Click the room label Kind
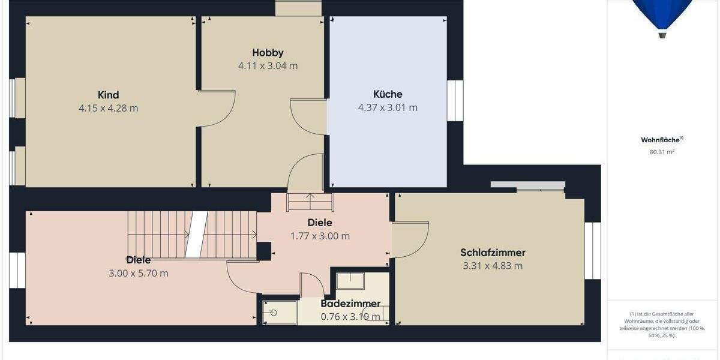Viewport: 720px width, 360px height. click(x=108, y=95)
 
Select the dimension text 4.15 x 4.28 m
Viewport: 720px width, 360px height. click(x=108, y=109)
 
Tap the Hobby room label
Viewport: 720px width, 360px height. click(x=268, y=53)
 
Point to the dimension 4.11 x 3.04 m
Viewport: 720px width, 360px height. click(x=268, y=66)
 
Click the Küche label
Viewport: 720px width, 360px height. click(x=388, y=94)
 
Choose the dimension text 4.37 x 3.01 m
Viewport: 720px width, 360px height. click(x=388, y=108)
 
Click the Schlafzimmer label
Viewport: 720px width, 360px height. click(x=493, y=253)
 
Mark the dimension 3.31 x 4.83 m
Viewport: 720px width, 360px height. click(x=493, y=266)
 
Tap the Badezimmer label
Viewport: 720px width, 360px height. click(x=350, y=304)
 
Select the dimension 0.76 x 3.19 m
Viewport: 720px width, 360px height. click(x=350, y=317)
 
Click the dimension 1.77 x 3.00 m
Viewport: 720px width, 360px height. click(x=320, y=236)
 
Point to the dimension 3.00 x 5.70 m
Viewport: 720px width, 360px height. click(x=138, y=274)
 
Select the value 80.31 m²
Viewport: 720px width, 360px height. click(x=662, y=152)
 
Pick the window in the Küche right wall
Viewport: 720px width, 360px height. click(x=455, y=101)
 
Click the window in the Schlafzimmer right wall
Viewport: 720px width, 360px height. click(x=593, y=251)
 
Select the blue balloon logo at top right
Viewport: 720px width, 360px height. click(x=662, y=15)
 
